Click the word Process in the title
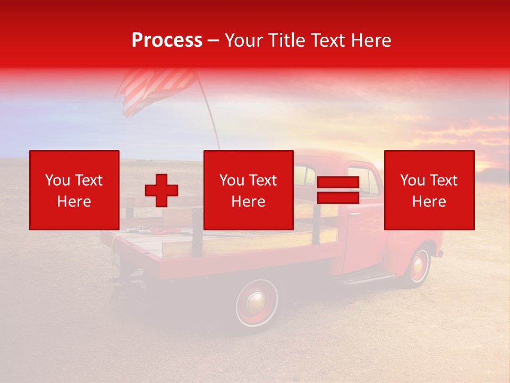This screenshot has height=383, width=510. (167, 40)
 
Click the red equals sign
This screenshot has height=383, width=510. (338, 190)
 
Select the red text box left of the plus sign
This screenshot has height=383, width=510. (74, 190)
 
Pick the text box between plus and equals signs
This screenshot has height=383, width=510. (249, 190)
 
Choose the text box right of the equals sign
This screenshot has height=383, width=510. (429, 190)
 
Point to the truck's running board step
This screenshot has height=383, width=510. (367, 277)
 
